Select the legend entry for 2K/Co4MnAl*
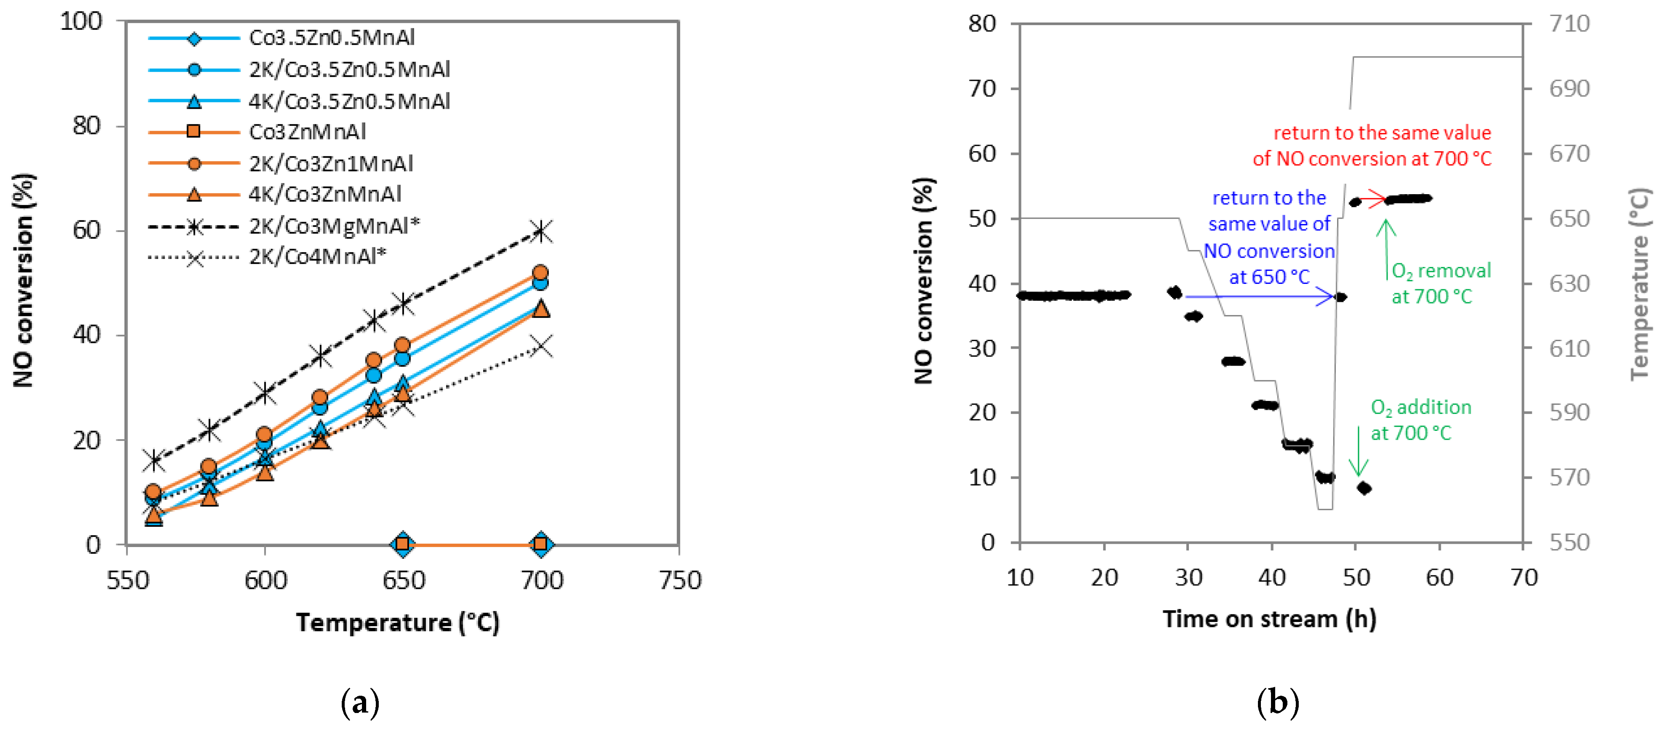point(317,257)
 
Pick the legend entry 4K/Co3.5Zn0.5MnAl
point(349,101)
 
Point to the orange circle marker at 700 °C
point(541,272)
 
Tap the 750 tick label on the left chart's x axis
point(680,580)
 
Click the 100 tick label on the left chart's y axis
point(81,21)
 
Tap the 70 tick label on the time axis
point(1523,577)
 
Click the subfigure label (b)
point(1277,702)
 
